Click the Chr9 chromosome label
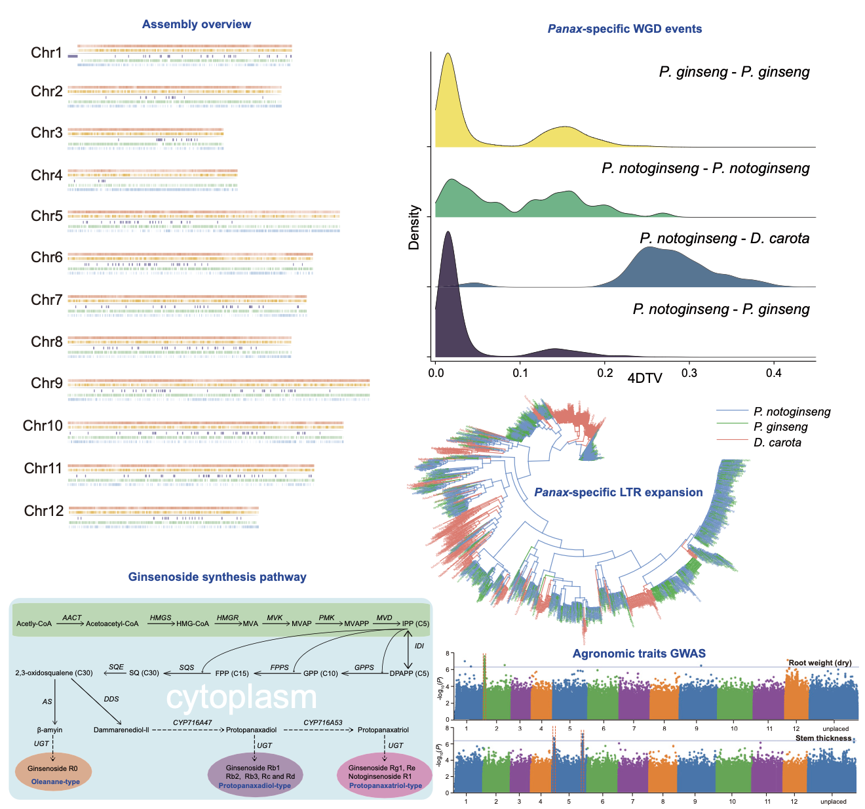[47, 383]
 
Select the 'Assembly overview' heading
[197, 24]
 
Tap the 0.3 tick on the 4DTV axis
[689, 373]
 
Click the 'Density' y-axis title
[413, 227]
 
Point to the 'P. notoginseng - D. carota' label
[724, 239]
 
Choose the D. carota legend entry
[777, 443]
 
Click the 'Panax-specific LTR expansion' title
[618, 492]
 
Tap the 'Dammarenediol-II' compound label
[121, 730]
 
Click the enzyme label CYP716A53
[322, 722]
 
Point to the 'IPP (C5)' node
[415, 623]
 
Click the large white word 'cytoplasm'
[241, 698]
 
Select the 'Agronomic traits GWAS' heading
[638, 653]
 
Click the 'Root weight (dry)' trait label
[819, 662]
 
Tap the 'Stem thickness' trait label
[823, 738]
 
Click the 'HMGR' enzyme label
[227, 618]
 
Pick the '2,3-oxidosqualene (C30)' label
[54, 673]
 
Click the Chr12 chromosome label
[43, 511]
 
